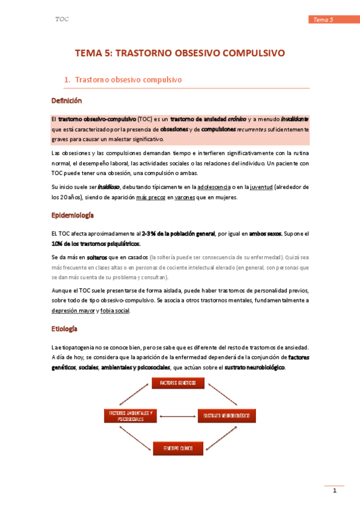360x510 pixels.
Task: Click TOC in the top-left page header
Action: tap(62, 19)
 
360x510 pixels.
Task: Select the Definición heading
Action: tap(66, 100)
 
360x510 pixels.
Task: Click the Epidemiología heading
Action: tap(73, 215)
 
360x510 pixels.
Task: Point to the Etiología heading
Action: tap(64, 329)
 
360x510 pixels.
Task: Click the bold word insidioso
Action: tap(109, 186)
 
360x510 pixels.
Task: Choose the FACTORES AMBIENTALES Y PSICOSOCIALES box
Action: tap(130, 416)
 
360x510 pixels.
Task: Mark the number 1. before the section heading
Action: tap(67, 79)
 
